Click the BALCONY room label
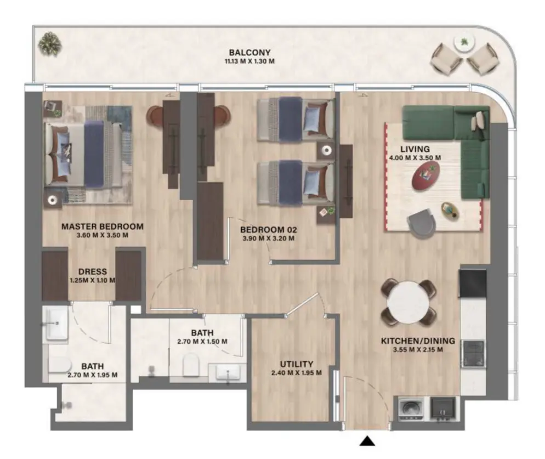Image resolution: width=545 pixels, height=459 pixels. [x=249, y=53]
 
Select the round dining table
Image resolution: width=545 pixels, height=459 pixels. [x=408, y=301]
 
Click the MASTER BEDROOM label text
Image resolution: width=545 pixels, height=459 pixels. [x=103, y=226]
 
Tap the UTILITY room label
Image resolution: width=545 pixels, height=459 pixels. [x=296, y=364]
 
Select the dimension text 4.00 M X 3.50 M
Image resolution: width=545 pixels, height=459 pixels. [x=415, y=157]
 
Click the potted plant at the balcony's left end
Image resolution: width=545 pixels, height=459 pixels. [x=50, y=41]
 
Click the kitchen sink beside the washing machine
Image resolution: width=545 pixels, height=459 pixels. [x=442, y=409]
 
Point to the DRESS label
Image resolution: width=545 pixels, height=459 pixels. [x=92, y=271]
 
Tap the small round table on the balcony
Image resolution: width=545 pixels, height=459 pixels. [x=464, y=43]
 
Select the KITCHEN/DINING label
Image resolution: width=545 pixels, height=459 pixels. [x=411, y=341]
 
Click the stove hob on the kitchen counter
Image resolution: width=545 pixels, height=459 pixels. [x=473, y=353]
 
